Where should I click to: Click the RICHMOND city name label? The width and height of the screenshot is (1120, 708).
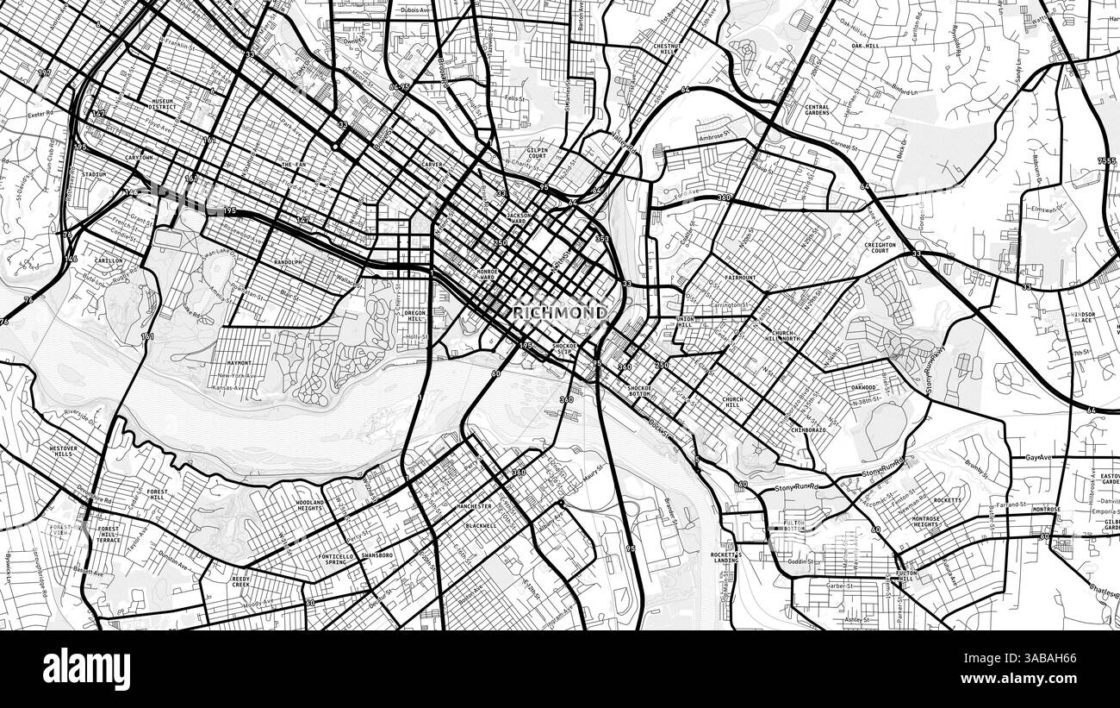point(560,312)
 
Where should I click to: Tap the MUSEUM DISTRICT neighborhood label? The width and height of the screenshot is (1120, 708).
point(162,104)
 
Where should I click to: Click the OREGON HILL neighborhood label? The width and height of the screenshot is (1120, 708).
point(415,316)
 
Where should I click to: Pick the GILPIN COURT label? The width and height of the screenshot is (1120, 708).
point(537,154)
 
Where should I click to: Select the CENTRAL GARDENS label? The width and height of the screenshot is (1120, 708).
point(817,110)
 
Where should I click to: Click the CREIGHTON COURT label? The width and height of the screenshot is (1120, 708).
point(880,248)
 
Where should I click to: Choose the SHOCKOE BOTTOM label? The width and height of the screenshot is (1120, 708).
point(639,392)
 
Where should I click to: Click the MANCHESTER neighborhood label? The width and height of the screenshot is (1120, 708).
point(474,506)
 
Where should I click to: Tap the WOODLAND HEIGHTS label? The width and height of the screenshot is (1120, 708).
point(310,506)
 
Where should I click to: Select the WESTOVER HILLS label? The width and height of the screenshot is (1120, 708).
point(63,452)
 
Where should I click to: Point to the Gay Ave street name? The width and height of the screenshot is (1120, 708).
point(1039,457)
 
